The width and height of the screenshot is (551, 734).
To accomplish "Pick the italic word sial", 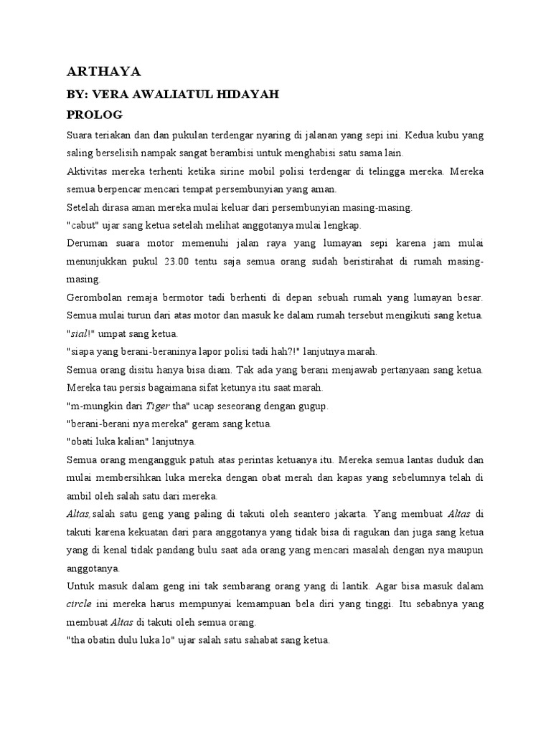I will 80,333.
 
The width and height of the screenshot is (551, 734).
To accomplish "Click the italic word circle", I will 80,604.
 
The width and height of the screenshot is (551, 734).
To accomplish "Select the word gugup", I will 314,406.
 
